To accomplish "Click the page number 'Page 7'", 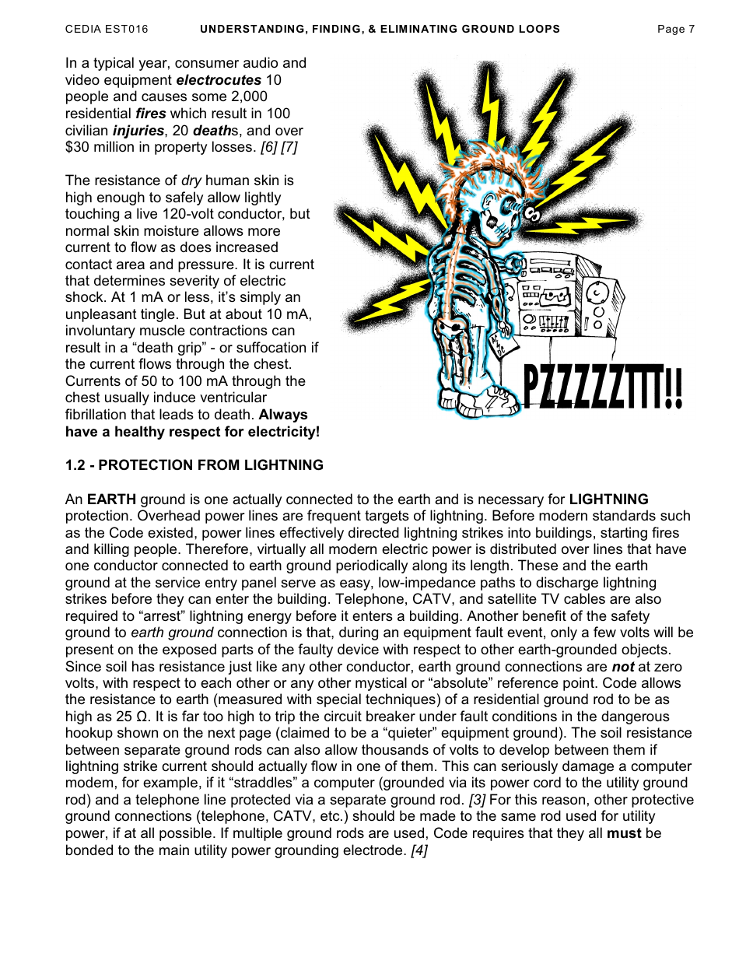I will pos(675,30).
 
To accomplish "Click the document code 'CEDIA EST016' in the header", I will pos(107,30).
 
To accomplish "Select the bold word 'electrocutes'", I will pos(219,80).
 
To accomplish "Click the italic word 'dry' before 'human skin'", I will pos(191,181).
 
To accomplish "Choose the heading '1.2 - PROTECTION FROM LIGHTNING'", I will pos(194,465).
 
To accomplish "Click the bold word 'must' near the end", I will pos(624,833).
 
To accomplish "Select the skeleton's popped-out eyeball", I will pos(533,212).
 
